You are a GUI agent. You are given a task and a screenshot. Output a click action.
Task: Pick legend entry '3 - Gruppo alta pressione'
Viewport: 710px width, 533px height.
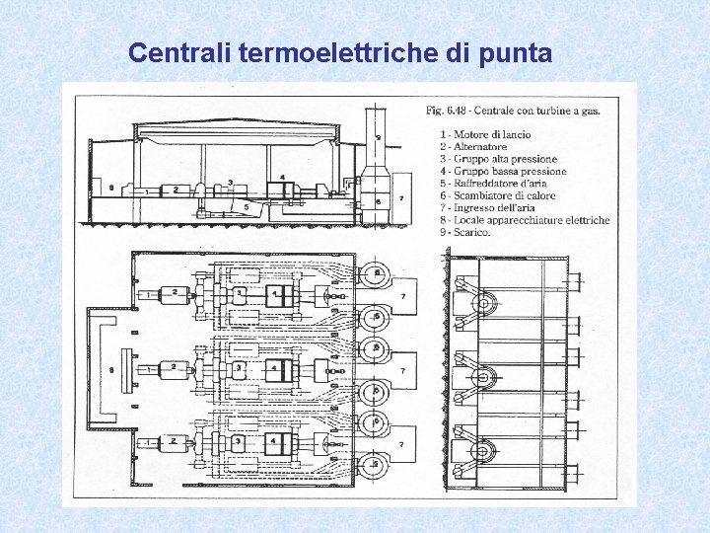pos(498,159)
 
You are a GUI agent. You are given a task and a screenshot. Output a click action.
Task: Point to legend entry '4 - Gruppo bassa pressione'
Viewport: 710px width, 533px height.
pos(503,171)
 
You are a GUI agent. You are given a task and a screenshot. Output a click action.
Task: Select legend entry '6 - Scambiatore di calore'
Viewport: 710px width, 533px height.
pos(499,195)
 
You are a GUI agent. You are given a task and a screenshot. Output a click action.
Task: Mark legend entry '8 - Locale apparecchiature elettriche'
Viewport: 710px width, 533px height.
pos(525,220)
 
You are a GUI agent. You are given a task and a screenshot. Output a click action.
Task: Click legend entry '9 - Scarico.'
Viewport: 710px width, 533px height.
pos(464,233)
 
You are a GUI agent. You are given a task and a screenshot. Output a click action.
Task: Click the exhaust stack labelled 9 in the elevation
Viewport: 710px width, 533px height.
pos(379,138)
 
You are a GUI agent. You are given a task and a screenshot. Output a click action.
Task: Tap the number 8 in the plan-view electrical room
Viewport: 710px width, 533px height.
pos(112,369)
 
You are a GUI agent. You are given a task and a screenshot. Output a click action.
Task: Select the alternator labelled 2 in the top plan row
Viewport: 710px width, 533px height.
pos(174,292)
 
